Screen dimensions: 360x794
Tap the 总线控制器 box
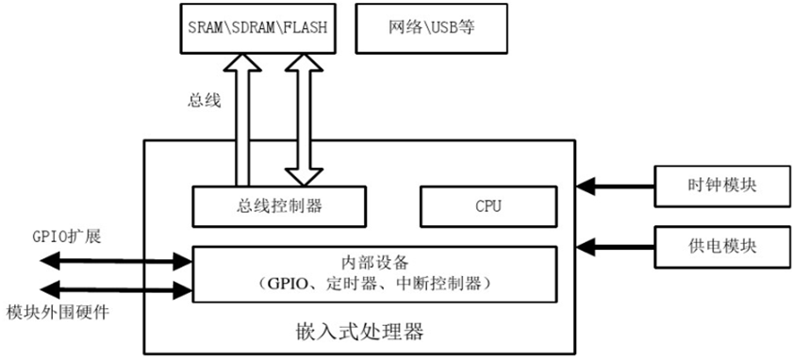pos(278,205)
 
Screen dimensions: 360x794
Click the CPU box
pos(487,205)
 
